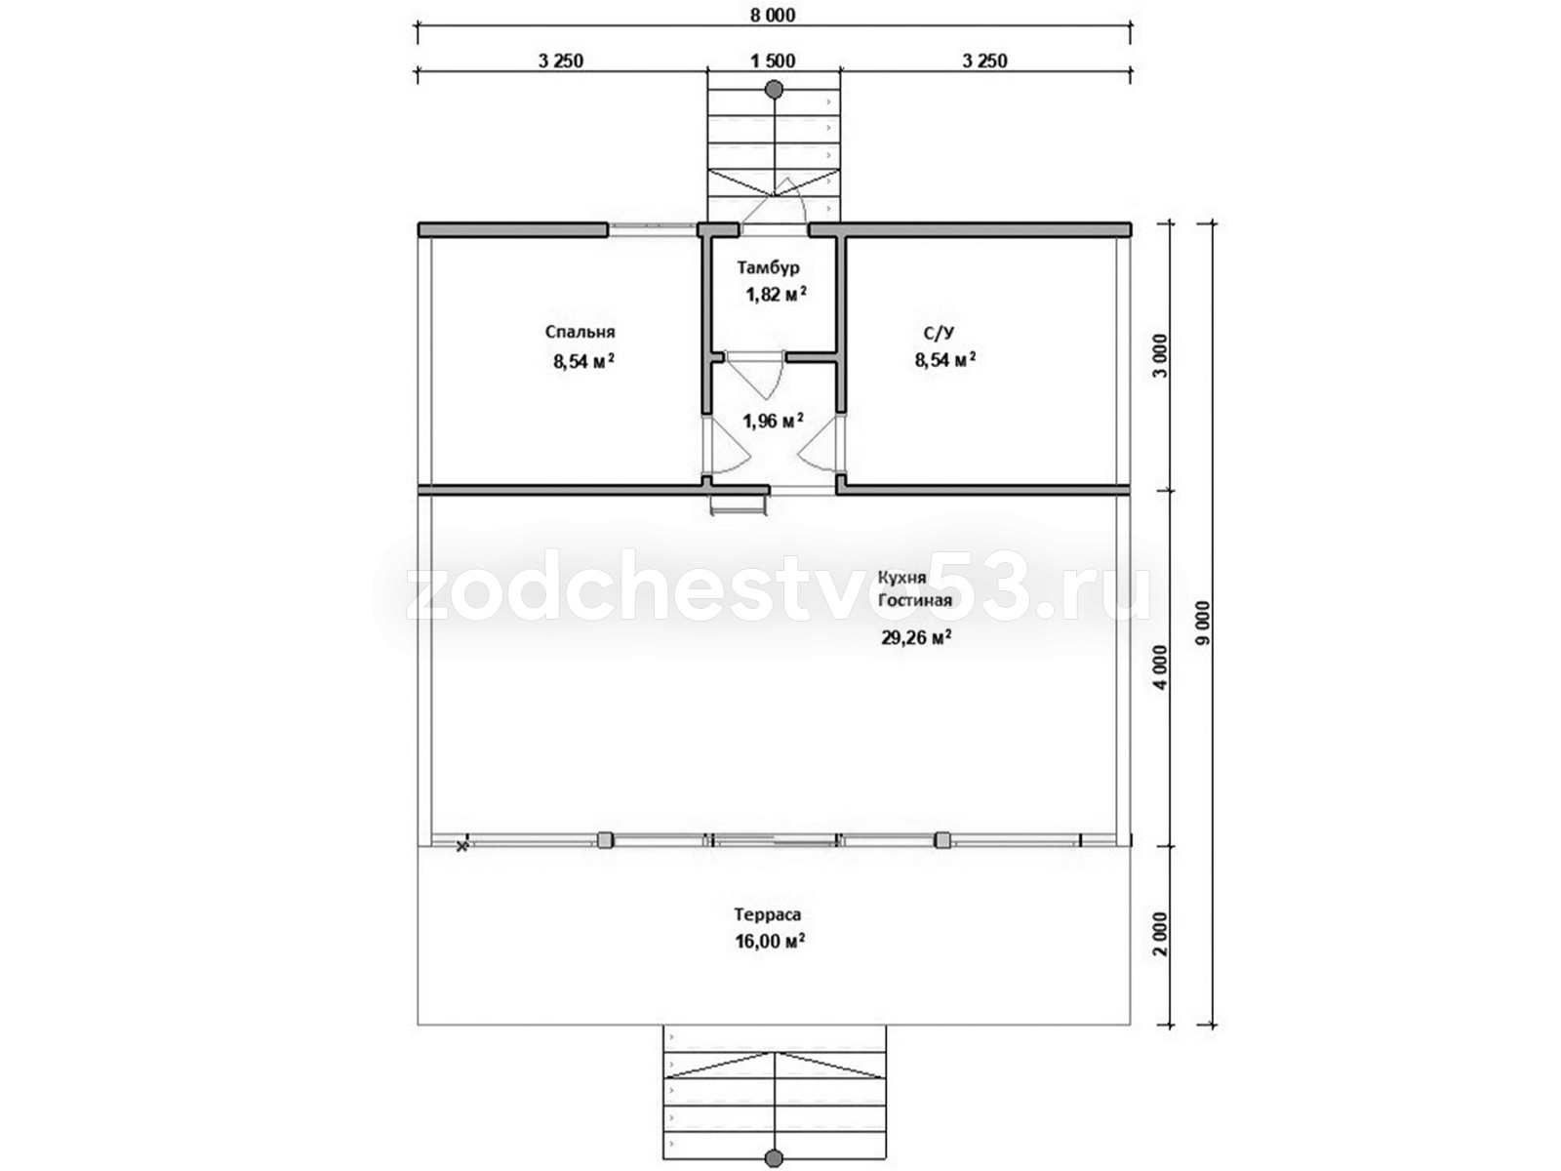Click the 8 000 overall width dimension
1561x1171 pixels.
point(772,15)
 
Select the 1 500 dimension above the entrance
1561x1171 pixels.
point(773,61)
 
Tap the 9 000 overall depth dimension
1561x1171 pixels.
point(1202,623)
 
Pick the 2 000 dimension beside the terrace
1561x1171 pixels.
point(1161,934)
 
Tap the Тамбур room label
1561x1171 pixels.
point(768,268)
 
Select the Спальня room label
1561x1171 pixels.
point(580,332)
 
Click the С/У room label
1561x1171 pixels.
point(939,332)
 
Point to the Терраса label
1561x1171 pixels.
point(768,914)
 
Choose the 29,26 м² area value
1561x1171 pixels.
point(917,638)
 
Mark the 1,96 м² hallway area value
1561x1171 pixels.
point(774,422)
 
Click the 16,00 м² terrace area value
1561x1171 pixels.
point(770,942)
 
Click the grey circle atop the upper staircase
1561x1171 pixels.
point(773,89)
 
